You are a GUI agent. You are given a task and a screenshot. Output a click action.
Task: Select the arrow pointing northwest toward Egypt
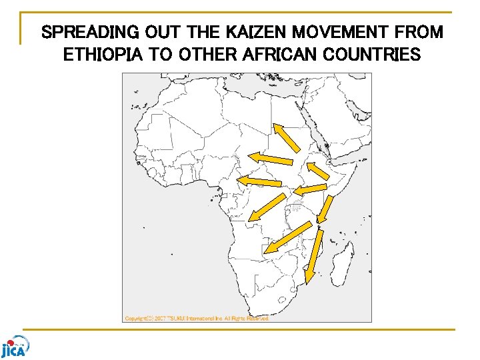click(287, 138)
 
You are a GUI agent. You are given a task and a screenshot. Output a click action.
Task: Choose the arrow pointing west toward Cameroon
click(259, 181)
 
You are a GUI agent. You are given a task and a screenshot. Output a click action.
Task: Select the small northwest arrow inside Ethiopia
click(318, 171)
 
